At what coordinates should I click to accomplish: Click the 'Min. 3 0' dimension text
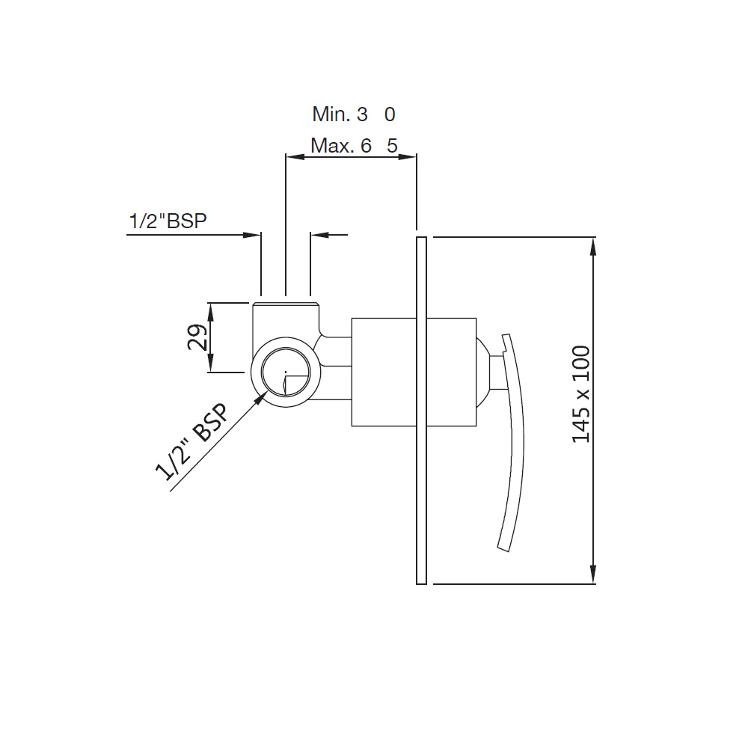tap(354, 114)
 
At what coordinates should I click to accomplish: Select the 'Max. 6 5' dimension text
tap(354, 146)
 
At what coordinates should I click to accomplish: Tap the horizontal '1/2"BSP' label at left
tap(168, 221)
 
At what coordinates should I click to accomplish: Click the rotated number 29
tap(197, 337)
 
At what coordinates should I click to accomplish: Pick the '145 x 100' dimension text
tap(581, 394)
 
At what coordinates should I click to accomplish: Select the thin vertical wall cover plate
tap(421, 410)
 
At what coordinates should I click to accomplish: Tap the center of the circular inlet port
tap(286, 372)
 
